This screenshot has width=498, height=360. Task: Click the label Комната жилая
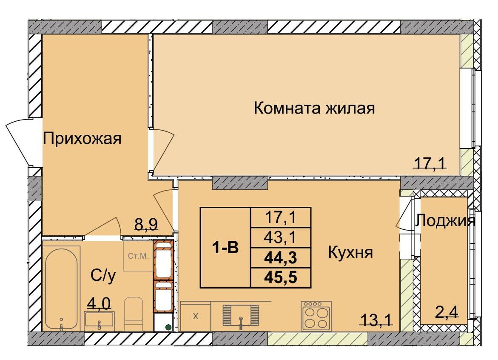point(314,109)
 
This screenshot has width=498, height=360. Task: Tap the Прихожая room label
point(83,139)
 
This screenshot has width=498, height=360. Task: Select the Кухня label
point(350,253)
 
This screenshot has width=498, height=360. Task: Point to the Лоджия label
point(445,221)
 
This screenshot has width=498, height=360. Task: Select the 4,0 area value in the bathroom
point(99,303)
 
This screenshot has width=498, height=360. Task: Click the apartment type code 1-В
point(225,247)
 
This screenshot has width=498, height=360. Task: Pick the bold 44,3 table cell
point(281,258)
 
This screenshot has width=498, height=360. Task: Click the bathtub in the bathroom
point(61,287)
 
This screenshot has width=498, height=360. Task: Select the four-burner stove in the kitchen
point(316,316)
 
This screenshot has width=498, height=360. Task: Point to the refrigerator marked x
point(196,316)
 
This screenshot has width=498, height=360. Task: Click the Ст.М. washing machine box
point(138,256)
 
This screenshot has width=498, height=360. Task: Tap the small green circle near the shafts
point(168,327)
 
